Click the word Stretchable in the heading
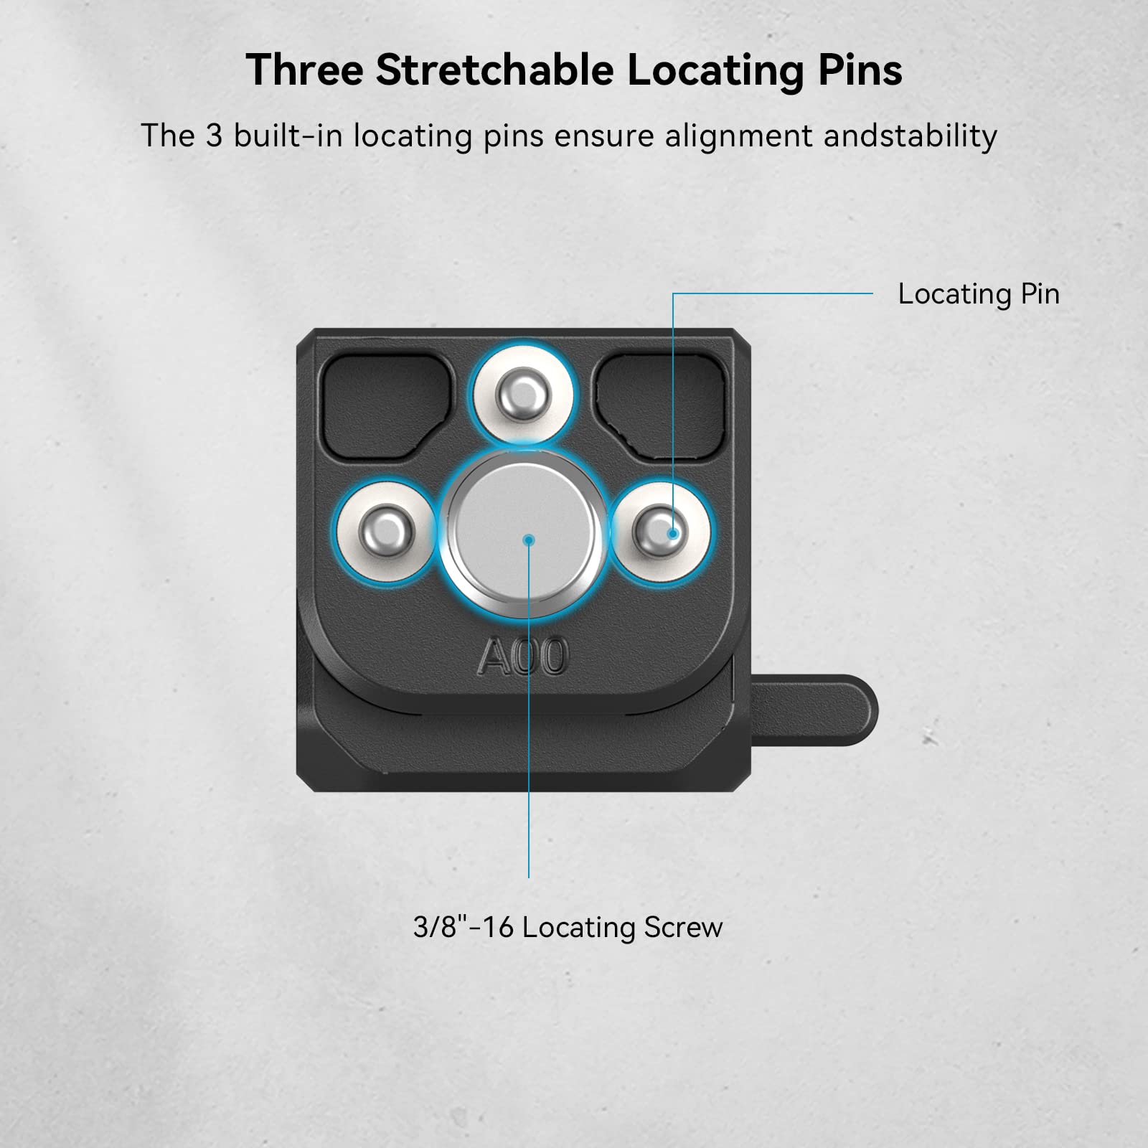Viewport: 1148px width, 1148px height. pos(494,70)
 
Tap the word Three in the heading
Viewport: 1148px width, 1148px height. pos(304,70)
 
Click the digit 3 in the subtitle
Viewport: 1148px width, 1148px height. pos(214,136)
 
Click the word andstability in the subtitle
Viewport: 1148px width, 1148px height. pos(910,136)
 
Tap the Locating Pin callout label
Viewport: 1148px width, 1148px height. pos(979,294)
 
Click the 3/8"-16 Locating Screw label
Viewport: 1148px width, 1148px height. pos(568,928)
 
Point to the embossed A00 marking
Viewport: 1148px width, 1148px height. pos(523,656)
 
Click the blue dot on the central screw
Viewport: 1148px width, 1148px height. pos(529,540)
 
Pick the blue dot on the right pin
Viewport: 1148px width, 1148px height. pos(673,534)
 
